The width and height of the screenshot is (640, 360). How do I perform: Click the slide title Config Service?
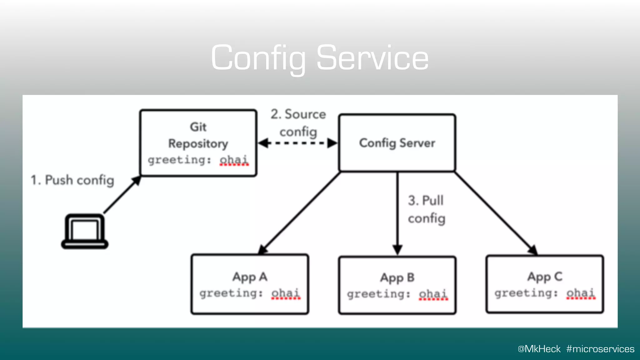point(320,58)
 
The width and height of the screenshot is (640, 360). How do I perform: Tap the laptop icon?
point(85,232)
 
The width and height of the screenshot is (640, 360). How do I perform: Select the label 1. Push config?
point(72,180)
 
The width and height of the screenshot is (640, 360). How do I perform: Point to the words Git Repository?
point(198,135)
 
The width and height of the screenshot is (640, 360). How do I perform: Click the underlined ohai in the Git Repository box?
point(234,160)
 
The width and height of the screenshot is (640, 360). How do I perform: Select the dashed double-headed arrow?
point(298,143)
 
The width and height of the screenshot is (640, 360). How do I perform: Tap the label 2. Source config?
point(298,123)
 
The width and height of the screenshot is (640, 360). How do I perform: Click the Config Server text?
point(397,143)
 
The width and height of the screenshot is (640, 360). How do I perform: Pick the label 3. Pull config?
point(426,209)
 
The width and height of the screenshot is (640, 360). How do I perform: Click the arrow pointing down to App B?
point(397,212)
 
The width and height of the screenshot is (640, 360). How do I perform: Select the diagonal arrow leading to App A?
point(300,212)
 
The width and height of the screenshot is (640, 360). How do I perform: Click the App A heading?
point(250,277)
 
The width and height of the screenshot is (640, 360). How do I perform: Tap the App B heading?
point(397,278)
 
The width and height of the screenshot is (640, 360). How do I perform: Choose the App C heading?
point(545,277)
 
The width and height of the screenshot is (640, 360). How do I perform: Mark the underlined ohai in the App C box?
point(581,293)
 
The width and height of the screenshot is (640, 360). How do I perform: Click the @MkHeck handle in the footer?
point(539,349)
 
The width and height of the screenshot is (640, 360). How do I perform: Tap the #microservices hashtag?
point(600,349)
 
